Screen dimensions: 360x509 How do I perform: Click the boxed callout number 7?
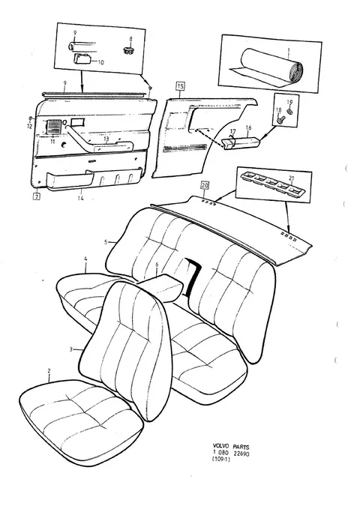click(x=37, y=196)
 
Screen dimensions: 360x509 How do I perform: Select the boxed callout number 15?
click(x=180, y=86)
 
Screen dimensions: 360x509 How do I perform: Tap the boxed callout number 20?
click(x=205, y=185)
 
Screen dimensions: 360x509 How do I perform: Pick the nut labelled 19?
click(x=289, y=112)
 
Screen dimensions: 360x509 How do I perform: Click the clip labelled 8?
click(x=129, y=50)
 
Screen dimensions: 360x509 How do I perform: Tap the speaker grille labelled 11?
click(x=54, y=127)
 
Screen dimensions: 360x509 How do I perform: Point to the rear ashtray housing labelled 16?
click(x=241, y=142)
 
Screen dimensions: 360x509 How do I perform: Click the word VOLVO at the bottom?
click(x=220, y=446)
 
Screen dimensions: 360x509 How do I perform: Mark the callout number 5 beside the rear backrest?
click(x=106, y=242)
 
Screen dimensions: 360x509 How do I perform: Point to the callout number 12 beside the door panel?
click(x=30, y=127)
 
